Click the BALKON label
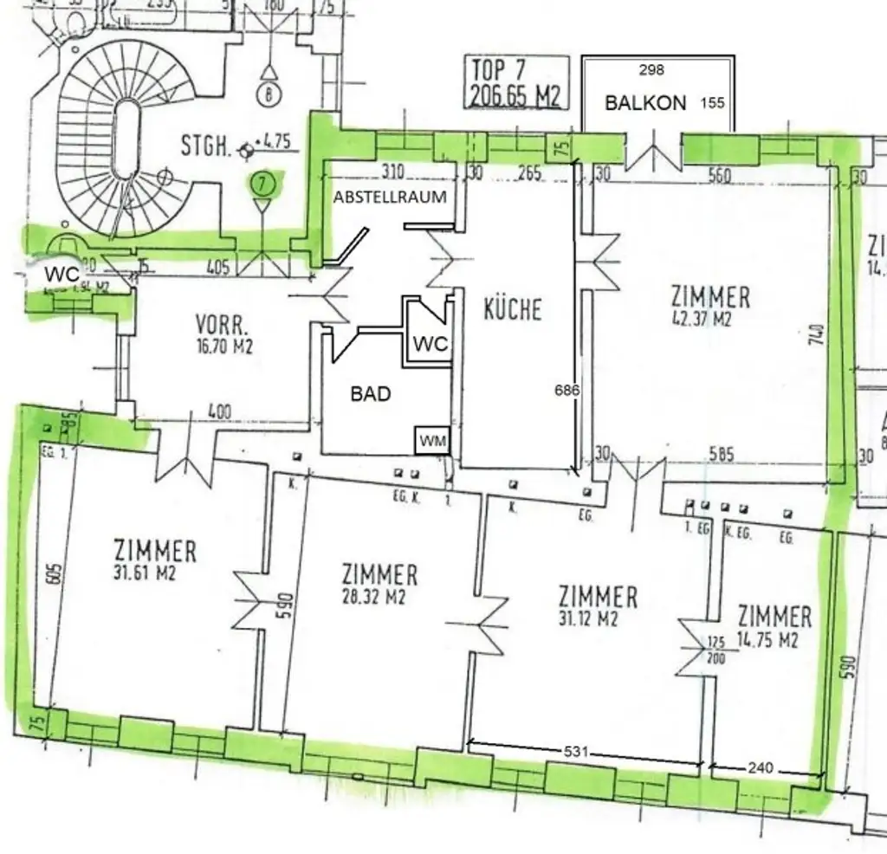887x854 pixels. point(645,102)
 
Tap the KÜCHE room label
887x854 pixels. point(513,309)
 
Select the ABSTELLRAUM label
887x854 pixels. point(390,197)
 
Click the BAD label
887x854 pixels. point(371,394)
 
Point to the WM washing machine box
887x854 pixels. point(433,441)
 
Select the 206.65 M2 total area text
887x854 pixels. point(515,95)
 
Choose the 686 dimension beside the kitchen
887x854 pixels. point(567,391)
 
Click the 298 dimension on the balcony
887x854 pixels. point(651,70)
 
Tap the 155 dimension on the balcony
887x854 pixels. point(712,102)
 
